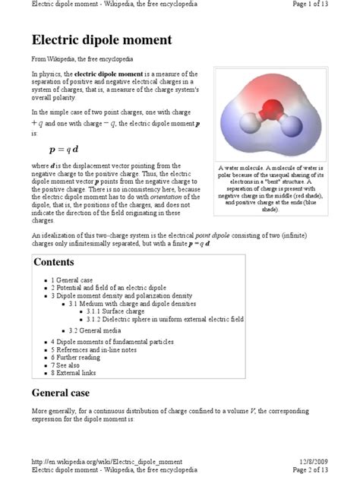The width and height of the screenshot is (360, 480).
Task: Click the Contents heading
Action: coord(54,262)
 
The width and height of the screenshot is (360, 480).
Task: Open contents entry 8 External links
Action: coord(77,373)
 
